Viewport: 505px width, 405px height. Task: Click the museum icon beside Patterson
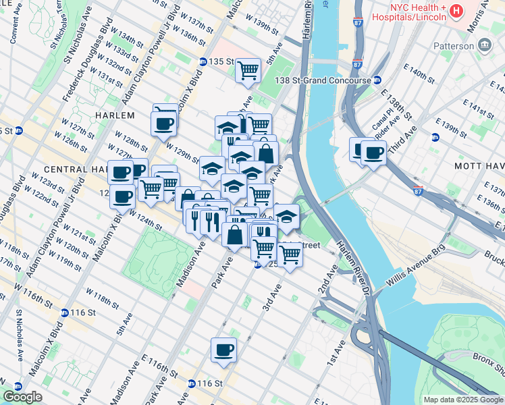point(485,45)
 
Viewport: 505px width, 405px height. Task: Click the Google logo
point(22,397)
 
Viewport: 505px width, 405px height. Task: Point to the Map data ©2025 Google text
point(463,400)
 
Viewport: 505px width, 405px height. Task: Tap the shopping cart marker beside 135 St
point(248,70)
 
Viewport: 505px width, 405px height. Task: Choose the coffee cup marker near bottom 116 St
point(223,350)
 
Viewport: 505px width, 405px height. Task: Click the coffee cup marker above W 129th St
point(164,123)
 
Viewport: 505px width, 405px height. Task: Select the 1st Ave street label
point(336,352)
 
